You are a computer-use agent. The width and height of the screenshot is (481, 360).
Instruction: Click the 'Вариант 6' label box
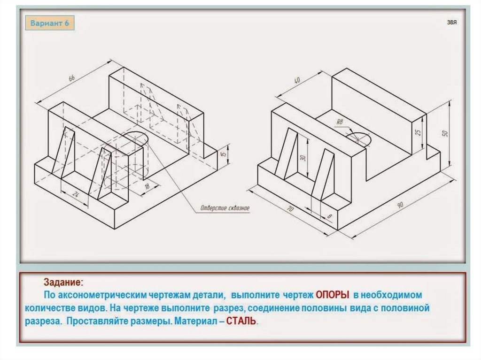(x=50, y=23)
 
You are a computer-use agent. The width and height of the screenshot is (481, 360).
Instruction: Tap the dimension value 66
(x=71, y=78)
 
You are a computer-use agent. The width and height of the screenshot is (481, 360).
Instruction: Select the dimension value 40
(x=297, y=81)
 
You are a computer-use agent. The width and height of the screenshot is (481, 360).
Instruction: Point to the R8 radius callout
(x=340, y=122)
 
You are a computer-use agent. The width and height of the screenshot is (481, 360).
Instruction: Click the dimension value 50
(x=445, y=133)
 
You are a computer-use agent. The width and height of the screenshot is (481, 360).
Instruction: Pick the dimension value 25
(x=418, y=132)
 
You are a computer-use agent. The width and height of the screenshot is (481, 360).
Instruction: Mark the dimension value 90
(x=400, y=205)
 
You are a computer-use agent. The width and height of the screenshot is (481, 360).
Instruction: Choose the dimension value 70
(x=290, y=209)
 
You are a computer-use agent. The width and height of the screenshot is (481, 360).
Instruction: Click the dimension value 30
(x=303, y=158)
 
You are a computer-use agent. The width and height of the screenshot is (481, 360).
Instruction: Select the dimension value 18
(x=147, y=186)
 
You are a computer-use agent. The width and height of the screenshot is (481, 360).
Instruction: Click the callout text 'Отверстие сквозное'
(x=225, y=208)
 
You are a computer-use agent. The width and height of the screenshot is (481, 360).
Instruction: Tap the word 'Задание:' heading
(x=63, y=282)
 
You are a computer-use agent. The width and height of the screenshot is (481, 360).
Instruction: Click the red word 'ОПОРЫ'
(x=333, y=295)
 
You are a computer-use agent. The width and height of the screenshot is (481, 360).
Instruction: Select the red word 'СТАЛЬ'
(x=241, y=321)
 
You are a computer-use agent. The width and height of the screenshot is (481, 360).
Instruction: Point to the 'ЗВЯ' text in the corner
(x=451, y=22)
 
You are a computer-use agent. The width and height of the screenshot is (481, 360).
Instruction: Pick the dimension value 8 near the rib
(x=329, y=216)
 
